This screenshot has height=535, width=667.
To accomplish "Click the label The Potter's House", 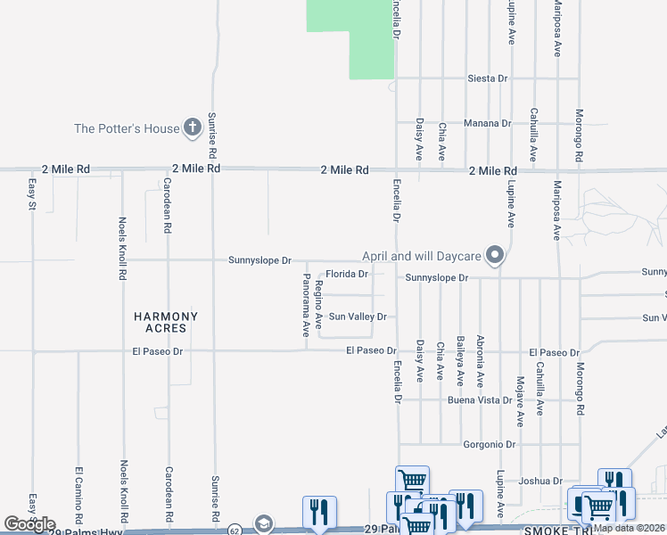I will tap(127, 128).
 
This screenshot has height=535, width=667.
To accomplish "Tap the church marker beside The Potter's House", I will tap(192, 128).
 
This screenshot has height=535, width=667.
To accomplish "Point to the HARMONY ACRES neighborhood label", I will tap(166, 322).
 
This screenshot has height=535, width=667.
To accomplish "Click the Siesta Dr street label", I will tap(488, 78).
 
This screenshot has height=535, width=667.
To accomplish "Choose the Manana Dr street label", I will tap(487, 123).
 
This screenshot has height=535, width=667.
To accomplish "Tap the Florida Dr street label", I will tap(347, 274).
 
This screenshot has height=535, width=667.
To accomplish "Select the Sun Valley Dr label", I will tap(358, 317).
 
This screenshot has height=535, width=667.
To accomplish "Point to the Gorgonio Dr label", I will tap(490, 444).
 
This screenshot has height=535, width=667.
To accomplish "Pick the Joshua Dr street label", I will tap(541, 481).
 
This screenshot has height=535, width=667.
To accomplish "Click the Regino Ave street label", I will tap(318, 302).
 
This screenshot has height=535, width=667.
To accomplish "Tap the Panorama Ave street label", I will tap(306, 308).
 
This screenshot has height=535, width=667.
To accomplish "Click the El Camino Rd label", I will tap(78, 493).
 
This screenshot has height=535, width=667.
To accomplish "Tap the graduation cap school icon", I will tap(263, 523).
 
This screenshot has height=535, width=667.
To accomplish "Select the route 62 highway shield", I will tap(233, 530).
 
